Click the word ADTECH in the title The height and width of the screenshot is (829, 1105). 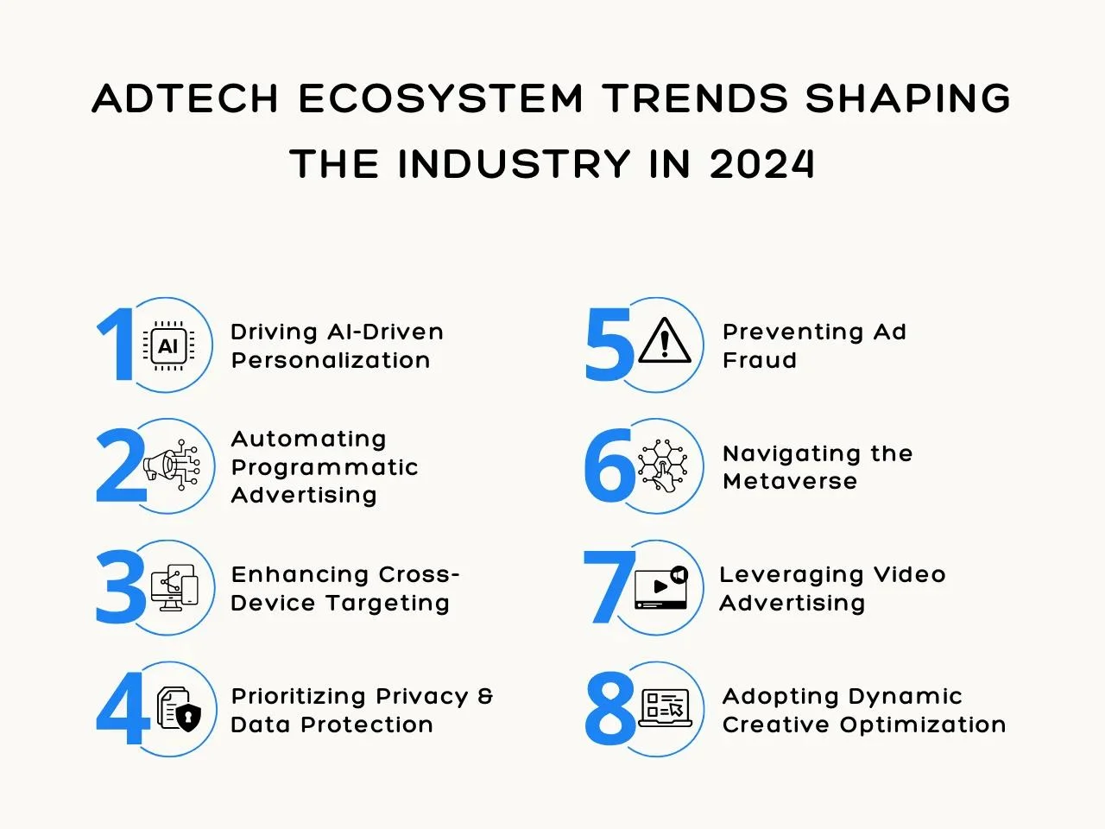pos(185,98)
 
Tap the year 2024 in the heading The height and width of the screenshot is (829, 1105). pos(761,164)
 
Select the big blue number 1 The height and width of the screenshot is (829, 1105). pos(116,345)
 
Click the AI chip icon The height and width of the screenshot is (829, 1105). pos(168,345)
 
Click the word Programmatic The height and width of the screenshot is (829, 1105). pos(325,468)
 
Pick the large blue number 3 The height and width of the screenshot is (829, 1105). pos(120,587)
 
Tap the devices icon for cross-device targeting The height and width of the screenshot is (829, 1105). pos(174,587)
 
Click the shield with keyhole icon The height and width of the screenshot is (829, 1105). pos(188,718)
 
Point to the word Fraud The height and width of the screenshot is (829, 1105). pos(759,360)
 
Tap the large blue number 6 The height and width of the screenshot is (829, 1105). pos(609,465)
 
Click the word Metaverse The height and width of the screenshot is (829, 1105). pos(790,482)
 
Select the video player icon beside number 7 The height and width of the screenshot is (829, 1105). pos(661,587)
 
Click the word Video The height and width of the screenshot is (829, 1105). pos(909,574)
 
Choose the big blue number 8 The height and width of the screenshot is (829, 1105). pos(610,709)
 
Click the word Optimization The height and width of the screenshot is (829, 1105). pos(923,725)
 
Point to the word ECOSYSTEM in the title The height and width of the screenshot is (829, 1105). pos(440,98)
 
